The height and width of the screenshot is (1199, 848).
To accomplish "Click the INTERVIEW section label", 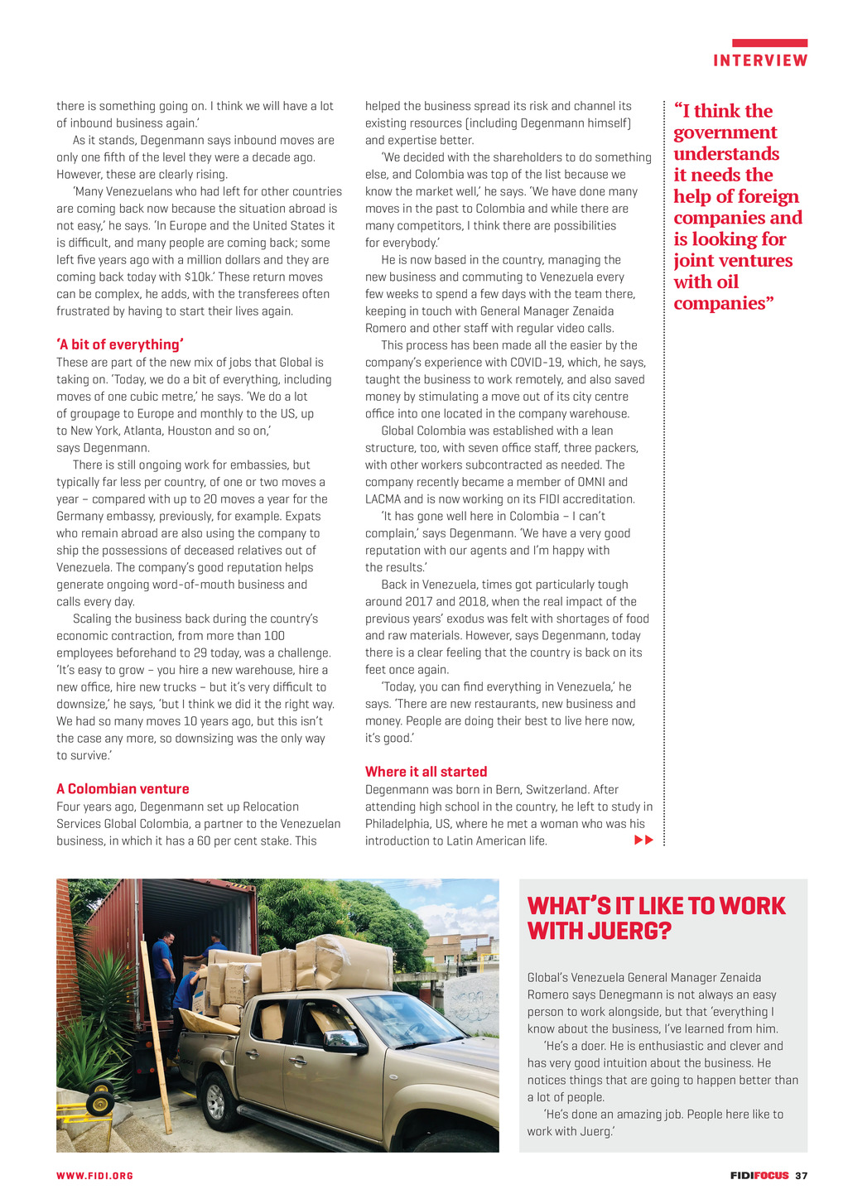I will click(760, 60).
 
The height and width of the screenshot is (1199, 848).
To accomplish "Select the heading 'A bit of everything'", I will click(120, 344).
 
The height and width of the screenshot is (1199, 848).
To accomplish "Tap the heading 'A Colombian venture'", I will click(123, 789).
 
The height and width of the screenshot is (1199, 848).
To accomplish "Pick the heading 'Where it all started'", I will click(426, 772).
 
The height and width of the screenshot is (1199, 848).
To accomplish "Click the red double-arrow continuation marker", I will click(643, 840).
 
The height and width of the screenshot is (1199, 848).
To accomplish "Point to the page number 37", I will click(801, 1176).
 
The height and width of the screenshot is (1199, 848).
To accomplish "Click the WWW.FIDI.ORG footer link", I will click(94, 1176).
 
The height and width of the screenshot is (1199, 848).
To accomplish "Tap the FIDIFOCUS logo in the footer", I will click(759, 1176).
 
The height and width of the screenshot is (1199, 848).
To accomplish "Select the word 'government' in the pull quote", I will click(725, 132).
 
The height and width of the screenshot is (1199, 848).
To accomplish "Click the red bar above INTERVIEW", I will click(769, 43).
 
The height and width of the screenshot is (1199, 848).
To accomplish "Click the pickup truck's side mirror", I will click(339, 1041).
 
